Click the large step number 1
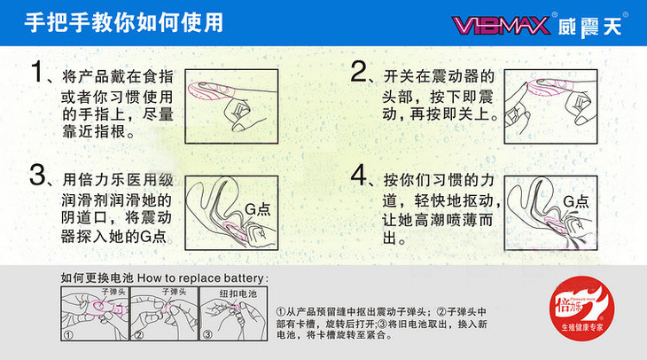[x=37, y=74]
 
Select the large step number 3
[x=38, y=175]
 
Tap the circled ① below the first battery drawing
[x=67, y=334]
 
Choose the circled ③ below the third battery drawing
[x=207, y=334]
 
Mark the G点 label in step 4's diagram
[x=575, y=202]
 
